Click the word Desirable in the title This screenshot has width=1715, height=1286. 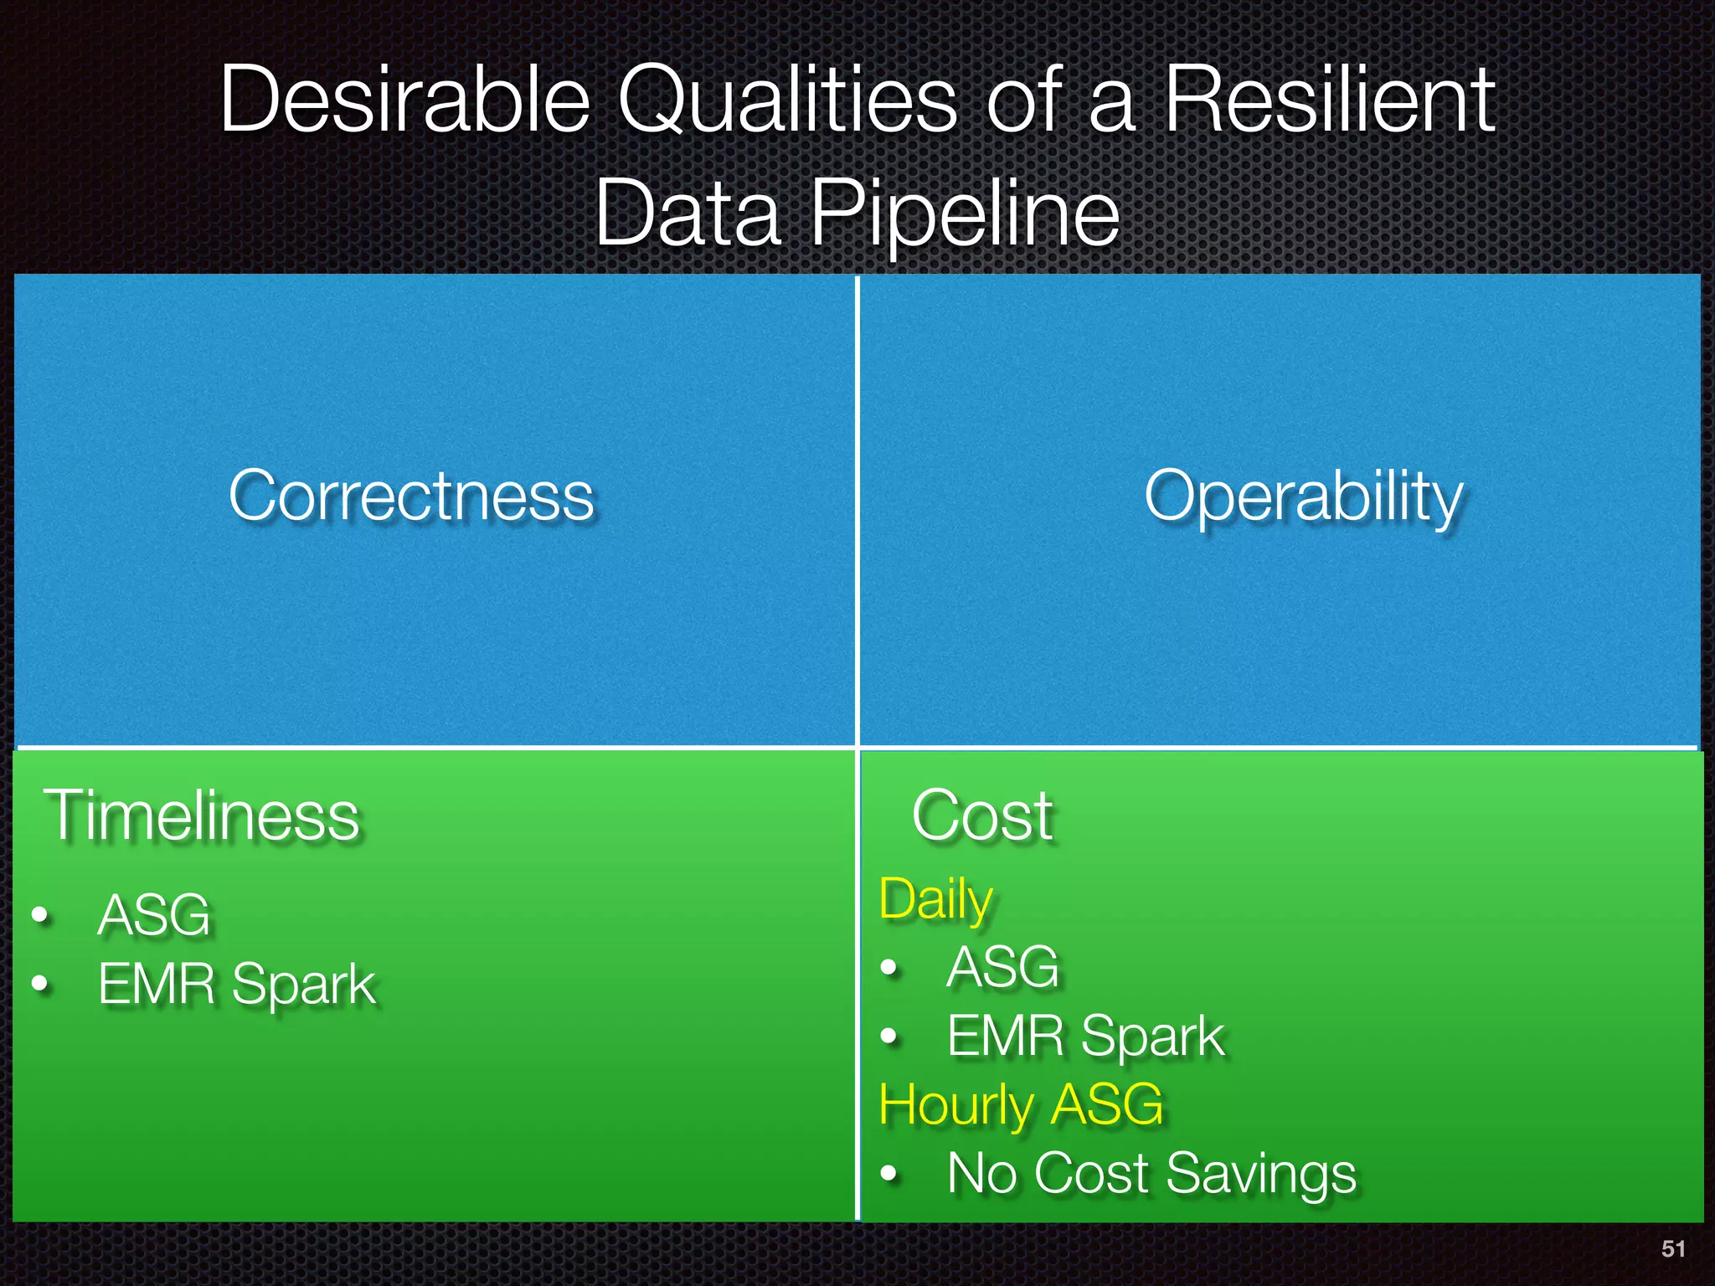pyautogui.click(x=405, y=100)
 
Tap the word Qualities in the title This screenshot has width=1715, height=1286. pyautogui.click(x=787, y=100)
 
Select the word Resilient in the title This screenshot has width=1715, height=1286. pyautogui.click(x=1330, y=100)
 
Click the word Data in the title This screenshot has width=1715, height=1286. pyautogui.click(x=688, y=214)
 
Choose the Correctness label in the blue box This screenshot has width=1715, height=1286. pyautogui.click(x=411, y=496)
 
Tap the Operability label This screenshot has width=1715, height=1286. pyautogui.click(x=1303, y=497)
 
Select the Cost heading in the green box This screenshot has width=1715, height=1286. pyautogui.click(x=981, y=815)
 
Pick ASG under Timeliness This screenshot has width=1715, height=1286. pyautogui.click(x=154, y=915)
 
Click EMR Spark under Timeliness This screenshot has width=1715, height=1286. pyautogui.click(x=237, y=984)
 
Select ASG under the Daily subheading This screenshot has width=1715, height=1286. pyautogui.click(x=1002, y=967)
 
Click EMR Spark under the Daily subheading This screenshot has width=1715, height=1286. pyautogui.click(x=1085, y=1037)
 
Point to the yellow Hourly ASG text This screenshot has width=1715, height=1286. pyautogui.click(x=1021, y=1104)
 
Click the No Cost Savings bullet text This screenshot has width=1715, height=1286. pyautogui.click(x=1151, y=1173)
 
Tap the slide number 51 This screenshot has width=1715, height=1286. pyautogui.click(x=1673, y=1249)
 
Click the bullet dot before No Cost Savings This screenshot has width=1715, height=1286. pyautogui.click(x=889, y=1174)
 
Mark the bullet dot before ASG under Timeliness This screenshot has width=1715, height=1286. pyautogui.click(x=40, y=915)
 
